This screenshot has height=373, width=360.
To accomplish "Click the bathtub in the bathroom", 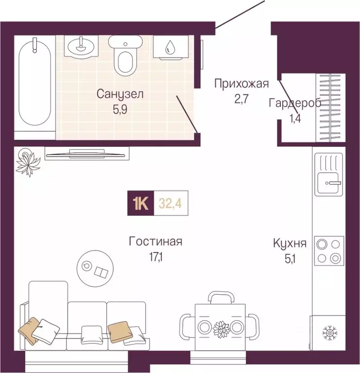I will pyautogui.click(x=34, y=86).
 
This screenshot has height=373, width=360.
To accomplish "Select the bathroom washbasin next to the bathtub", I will pyautogui.click(x=82, y=47).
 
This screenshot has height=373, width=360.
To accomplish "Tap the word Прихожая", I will pyautogui.click(x=241, y=84).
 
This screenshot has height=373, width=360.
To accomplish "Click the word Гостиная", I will pyautogui.click(x=155, y=241).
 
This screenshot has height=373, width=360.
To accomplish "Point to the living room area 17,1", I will pyautogui.click(x=155, y=256).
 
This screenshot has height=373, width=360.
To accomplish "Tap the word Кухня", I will pyautogui.click(x=290, y=243).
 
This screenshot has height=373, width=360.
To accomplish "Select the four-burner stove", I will pyautogui.click(x=328, y=250).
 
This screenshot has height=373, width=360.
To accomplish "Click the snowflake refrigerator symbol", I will pyautogui.click(x=328, y=333).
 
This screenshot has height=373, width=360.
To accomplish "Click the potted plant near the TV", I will pyautogui.click(x=28, y=161).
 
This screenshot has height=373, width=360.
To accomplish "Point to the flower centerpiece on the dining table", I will pyautogui.click(x=221, y=327).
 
